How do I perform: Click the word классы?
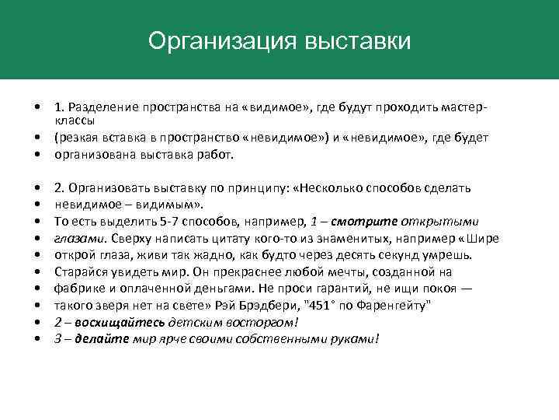coord(75,121)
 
